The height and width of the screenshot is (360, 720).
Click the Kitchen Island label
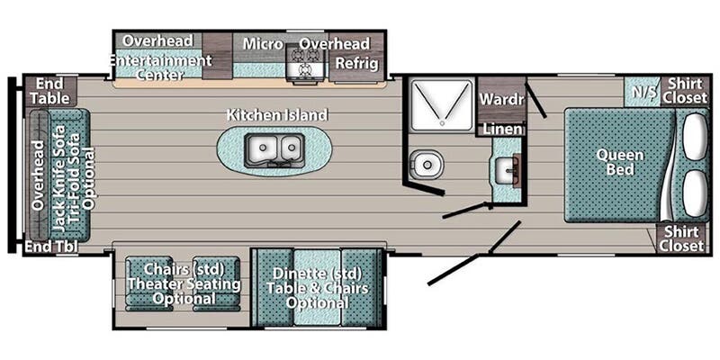click(x=277, y=115)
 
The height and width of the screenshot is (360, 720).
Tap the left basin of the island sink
click(x=263, y=148)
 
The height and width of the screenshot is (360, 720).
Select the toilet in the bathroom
click(x=426, y=164)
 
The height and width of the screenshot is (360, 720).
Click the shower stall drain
click(x=441, y=123)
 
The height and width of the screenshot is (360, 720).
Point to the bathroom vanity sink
click(x=508, y=169)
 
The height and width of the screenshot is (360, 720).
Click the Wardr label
click(x=501, y=98)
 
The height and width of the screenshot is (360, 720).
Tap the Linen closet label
click(x=502, y=129)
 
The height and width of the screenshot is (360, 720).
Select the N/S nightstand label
click(x=643, y=92)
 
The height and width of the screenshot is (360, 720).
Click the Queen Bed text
click(x=620, y=162)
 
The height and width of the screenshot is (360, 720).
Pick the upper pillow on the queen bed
click(x=695, y=137)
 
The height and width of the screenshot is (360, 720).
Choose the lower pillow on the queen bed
click(x=695, y=193)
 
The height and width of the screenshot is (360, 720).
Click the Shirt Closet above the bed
click(x=685, y=91)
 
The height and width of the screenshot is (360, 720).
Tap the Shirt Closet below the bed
click(x=681, y=238)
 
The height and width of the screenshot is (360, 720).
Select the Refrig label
click(x=356, y=63)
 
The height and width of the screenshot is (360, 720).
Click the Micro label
click(x=262, y=44)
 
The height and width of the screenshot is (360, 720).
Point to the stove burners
click(x=303, y=63)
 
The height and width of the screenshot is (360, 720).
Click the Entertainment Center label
click(x=160, y=67)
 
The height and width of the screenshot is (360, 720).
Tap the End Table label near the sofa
click(x=50, y=91)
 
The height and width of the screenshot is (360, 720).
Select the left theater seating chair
click(x=148, y=283)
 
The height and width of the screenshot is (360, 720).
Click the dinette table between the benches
click(x=318, y=287)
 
